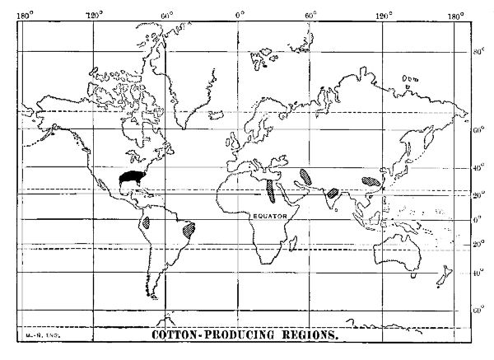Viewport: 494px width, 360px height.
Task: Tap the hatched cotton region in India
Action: click(x=333, y=192)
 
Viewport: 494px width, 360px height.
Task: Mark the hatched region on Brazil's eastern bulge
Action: click(x=190, y=227)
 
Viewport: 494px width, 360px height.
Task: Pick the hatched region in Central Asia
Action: click(x=306, y=175)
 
